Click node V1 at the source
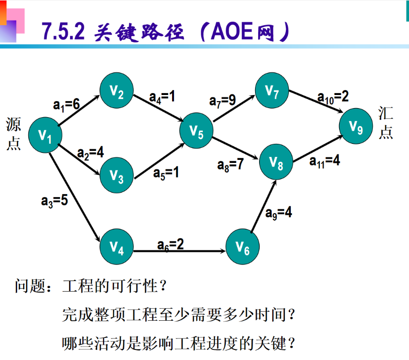45,135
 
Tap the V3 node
117,176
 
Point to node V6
242,247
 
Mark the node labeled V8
276,161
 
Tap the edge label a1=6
66,104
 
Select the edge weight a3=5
54,200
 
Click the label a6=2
170,244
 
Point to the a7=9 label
222,100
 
